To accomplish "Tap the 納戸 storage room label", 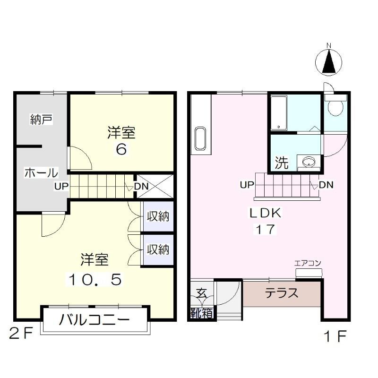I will pyautogui.click(x=41, y=120).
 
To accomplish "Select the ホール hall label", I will pyautogui.click(x=41, y=173).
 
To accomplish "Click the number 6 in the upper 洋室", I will pyautogui.click(x=121, y=150).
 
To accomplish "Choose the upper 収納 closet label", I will pyautogui.click(x=158, y=217).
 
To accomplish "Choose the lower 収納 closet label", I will pyautogui.click(x=158, y=249).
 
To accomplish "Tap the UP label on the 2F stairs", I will pyautogui.click(x=61, y=186).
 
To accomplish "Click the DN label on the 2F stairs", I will pyautogui.click(x=141, y=186).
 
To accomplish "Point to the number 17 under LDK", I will pyautogui.click(x=266, y=230).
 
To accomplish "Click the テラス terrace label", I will pyautogui.click(x=281, y=293).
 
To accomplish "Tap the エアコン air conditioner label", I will pyautogui.click(x=308, y=264).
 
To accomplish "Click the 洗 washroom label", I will pyautogui.click(x=282, y=164).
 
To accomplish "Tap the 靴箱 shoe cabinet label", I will pyautogui.click(x=201, y=313).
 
